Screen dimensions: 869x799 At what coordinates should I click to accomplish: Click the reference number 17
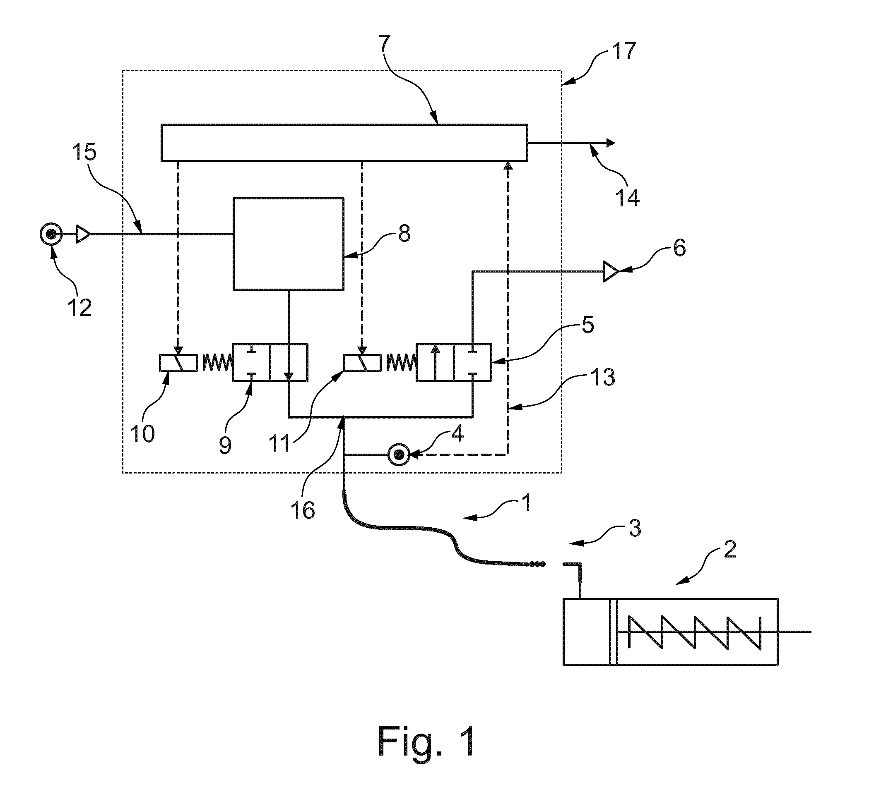coord(623,51)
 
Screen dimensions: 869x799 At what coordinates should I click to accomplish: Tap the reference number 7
coord(385,43)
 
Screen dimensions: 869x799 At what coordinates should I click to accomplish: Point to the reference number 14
coord(627,197)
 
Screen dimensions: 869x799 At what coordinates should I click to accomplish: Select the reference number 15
coord(84,152)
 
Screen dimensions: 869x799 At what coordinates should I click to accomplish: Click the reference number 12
coord(79,308)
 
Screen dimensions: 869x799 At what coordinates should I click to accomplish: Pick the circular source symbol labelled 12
coord(51,235)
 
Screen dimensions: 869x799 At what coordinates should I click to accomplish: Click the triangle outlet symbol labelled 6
coord(611,272)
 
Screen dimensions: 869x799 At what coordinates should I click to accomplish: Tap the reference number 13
coord(602,377)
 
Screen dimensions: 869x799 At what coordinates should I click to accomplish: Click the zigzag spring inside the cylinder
coord(694,632)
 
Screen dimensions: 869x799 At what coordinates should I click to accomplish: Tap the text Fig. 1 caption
coord(427,741)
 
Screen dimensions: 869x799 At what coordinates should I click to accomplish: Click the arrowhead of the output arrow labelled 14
coord(610,143)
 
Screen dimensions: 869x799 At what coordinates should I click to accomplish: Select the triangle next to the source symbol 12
coord(83,235)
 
